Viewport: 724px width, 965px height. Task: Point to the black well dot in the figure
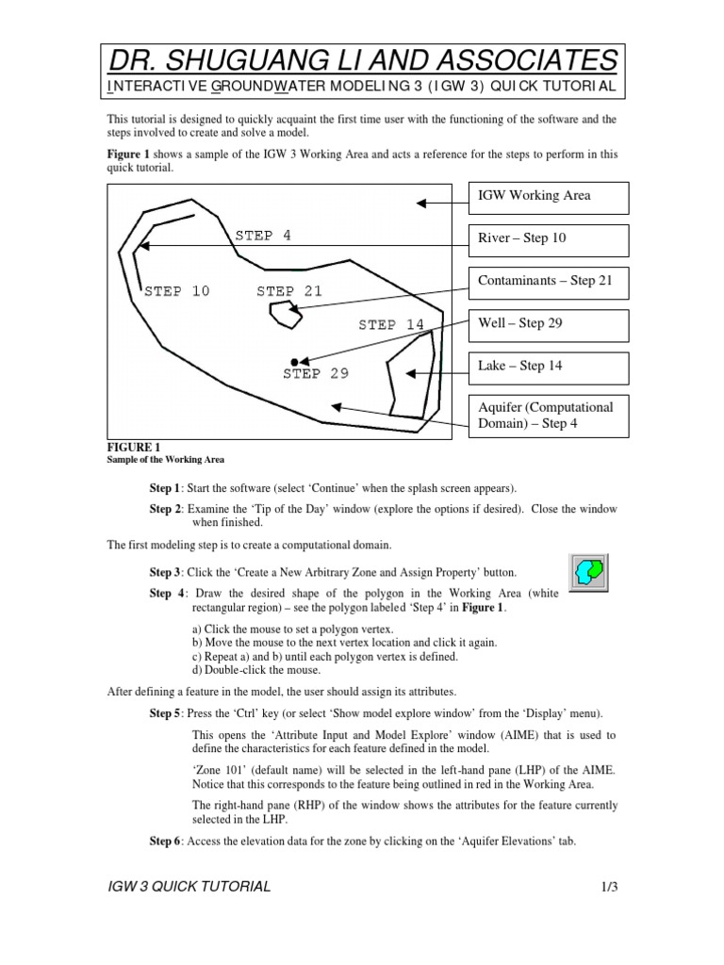[295, 361]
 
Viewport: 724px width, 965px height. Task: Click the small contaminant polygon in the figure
[284, 316]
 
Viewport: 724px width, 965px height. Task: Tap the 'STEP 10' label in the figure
[177, 292]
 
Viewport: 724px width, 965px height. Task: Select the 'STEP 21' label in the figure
[289, 292]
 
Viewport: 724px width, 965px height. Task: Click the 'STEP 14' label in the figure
[391, 325]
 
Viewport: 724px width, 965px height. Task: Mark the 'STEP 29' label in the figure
[316, 374]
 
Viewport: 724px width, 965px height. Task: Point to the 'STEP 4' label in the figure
[263, 236]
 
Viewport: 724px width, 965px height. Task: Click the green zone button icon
[591, 572]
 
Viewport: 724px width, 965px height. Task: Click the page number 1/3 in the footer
[605, 887]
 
